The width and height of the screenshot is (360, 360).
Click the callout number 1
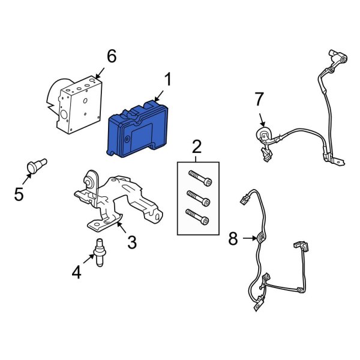click(168, 79)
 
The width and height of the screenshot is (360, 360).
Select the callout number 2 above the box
click(197, 147)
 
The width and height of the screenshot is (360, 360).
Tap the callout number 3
click(132, 242)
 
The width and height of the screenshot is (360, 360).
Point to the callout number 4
click(76, 272)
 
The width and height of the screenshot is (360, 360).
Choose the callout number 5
click(19, 194)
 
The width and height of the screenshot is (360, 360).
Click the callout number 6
click(112, 56)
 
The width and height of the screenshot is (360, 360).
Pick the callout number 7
click(259, 99)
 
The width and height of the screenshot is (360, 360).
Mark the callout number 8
click(233, 239)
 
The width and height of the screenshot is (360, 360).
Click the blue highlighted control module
click(137, 129)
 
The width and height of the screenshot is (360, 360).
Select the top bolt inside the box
click(200, 178)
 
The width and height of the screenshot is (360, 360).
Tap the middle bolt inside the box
click(199, 199)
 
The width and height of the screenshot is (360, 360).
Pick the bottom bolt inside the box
click(197, 217)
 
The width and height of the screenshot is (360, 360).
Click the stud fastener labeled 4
click(100, 253)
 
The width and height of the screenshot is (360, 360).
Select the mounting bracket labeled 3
click(118, 202)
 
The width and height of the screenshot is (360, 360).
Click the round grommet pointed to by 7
click(263, 135)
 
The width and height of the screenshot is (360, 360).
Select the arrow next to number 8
click(250, 239)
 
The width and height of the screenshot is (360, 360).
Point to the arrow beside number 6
click(100, 73)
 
